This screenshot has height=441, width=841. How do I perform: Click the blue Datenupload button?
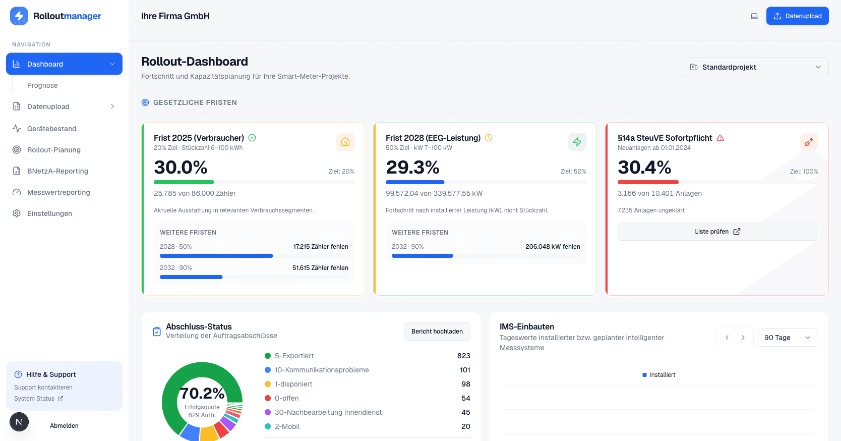(x=797, y=16)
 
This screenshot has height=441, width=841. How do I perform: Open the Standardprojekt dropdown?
(x=756, y=67)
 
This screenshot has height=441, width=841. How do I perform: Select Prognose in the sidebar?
(x=42, y=85)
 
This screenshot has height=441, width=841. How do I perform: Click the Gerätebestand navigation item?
(x=51, y=129)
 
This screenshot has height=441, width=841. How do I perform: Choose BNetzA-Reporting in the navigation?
(x=57, y=171)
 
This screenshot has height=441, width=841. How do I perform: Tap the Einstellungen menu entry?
(x=49, y=213)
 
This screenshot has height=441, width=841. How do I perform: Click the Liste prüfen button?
(x=717, y=232)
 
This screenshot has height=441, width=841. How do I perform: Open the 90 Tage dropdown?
(x=787, y=338)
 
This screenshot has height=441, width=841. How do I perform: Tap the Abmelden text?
(x=64, y=426)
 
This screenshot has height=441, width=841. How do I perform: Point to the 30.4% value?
(x=644, y=168)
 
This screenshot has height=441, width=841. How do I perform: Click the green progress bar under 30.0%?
(x=184, y=182)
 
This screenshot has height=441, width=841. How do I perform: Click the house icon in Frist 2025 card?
(x=345, y=142)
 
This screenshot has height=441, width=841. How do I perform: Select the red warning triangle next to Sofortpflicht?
(x=720, y=138)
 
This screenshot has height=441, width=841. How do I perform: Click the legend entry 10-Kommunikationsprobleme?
(x=321, y=370)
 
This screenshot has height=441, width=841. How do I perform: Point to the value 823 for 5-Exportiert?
(x=463, y=356)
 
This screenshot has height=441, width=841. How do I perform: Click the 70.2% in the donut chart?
(x=202, y=393)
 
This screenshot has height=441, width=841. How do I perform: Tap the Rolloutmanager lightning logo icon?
(x=19, y=16)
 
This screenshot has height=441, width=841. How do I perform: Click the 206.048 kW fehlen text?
(x=552, y=247)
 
